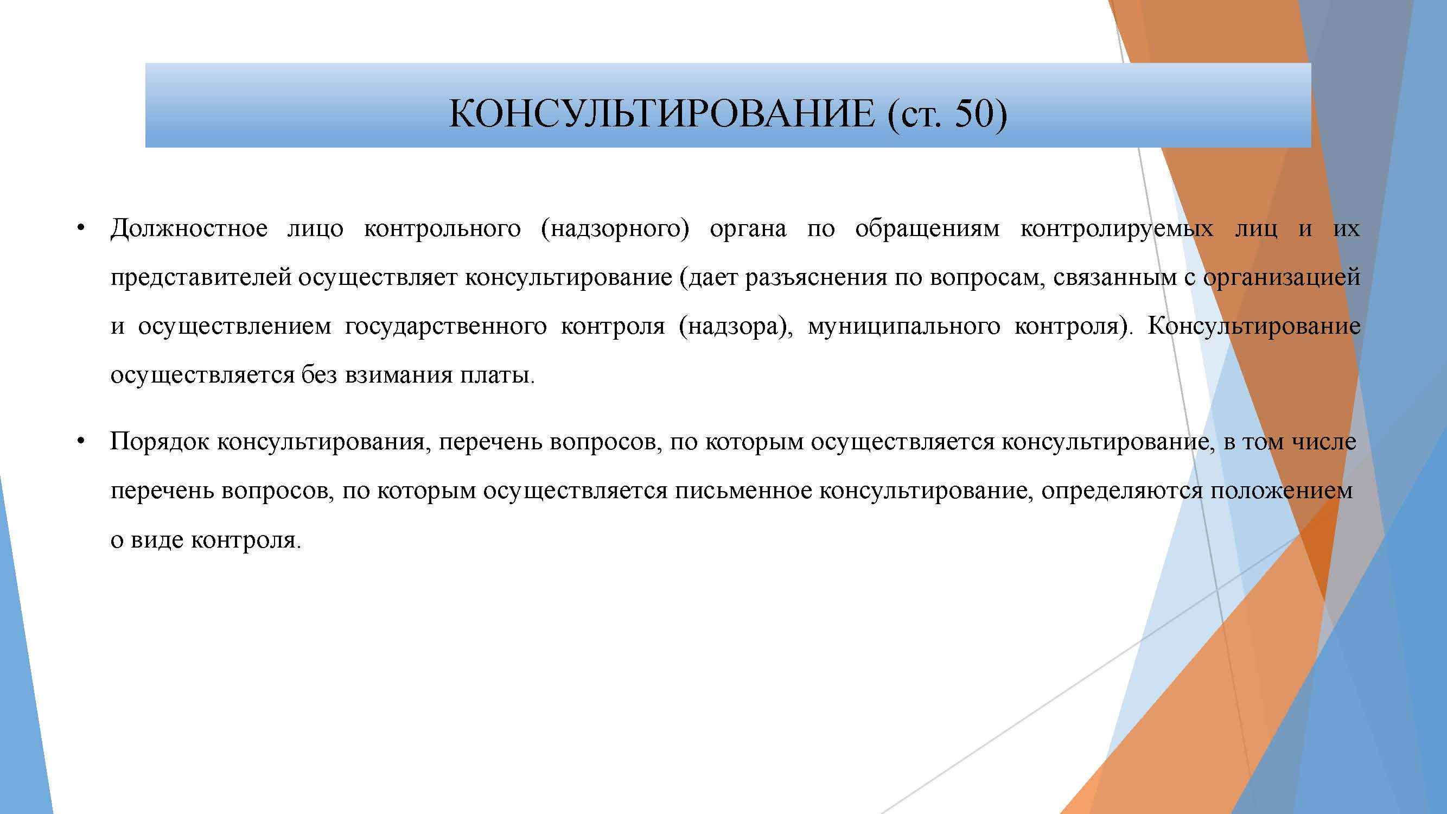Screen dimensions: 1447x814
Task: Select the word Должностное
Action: tap(189, 229)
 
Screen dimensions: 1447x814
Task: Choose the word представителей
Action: tap(201, 278)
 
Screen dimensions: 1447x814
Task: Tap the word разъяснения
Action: tap(816, 278)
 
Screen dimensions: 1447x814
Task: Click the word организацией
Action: tap(1282, 278)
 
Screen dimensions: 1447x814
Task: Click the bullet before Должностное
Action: tap(81, 228)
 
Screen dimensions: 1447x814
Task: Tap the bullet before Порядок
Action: tap(81, 442)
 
